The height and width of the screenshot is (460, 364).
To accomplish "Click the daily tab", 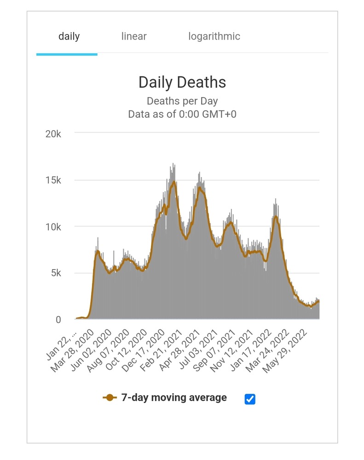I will (x=69, y=36).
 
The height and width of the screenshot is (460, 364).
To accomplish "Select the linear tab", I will (x=134, y=36).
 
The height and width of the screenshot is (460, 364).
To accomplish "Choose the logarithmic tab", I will (x=214, y=36).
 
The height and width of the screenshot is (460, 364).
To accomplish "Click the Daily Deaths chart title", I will (x=182, y=82).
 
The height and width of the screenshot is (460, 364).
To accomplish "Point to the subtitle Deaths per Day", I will (x=182, y=101).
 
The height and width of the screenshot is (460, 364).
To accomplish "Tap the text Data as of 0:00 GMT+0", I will (x=182, y=114).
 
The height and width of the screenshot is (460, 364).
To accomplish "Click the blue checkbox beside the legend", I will (x=250, y=399).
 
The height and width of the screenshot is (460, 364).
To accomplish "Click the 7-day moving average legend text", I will (x=174, y=398).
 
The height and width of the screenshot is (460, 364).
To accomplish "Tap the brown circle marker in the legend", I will (x=109, y=398).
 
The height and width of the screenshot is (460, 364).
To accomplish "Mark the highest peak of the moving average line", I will (x=173, y=182).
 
